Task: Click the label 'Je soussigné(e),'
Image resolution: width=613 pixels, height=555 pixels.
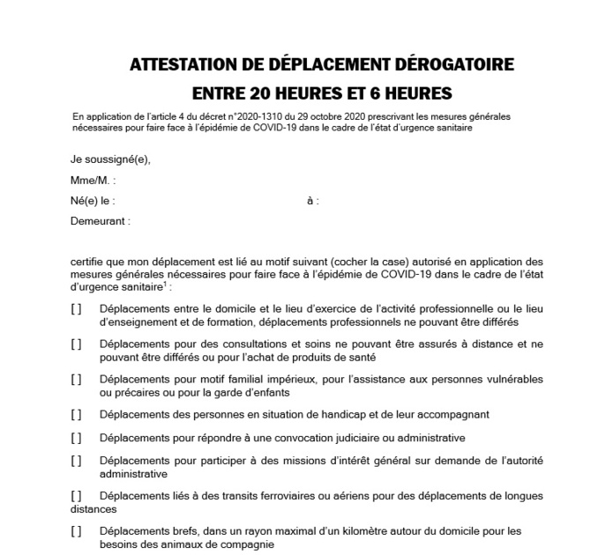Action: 111,159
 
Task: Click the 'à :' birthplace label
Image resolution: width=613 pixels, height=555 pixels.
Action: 313,201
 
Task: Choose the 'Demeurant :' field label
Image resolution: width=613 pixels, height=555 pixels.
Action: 101,221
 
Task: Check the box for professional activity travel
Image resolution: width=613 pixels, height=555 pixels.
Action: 76,308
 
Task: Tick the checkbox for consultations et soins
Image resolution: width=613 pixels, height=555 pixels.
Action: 76,344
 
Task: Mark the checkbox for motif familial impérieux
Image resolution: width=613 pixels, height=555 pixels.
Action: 76,379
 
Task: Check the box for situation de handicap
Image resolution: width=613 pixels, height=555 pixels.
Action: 76,414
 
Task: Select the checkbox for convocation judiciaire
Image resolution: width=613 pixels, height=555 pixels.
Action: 76,437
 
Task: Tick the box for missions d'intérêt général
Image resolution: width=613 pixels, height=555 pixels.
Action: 76,461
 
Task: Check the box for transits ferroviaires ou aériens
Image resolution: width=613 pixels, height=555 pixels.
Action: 76,496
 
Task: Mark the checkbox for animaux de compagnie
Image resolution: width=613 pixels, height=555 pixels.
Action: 76,531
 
